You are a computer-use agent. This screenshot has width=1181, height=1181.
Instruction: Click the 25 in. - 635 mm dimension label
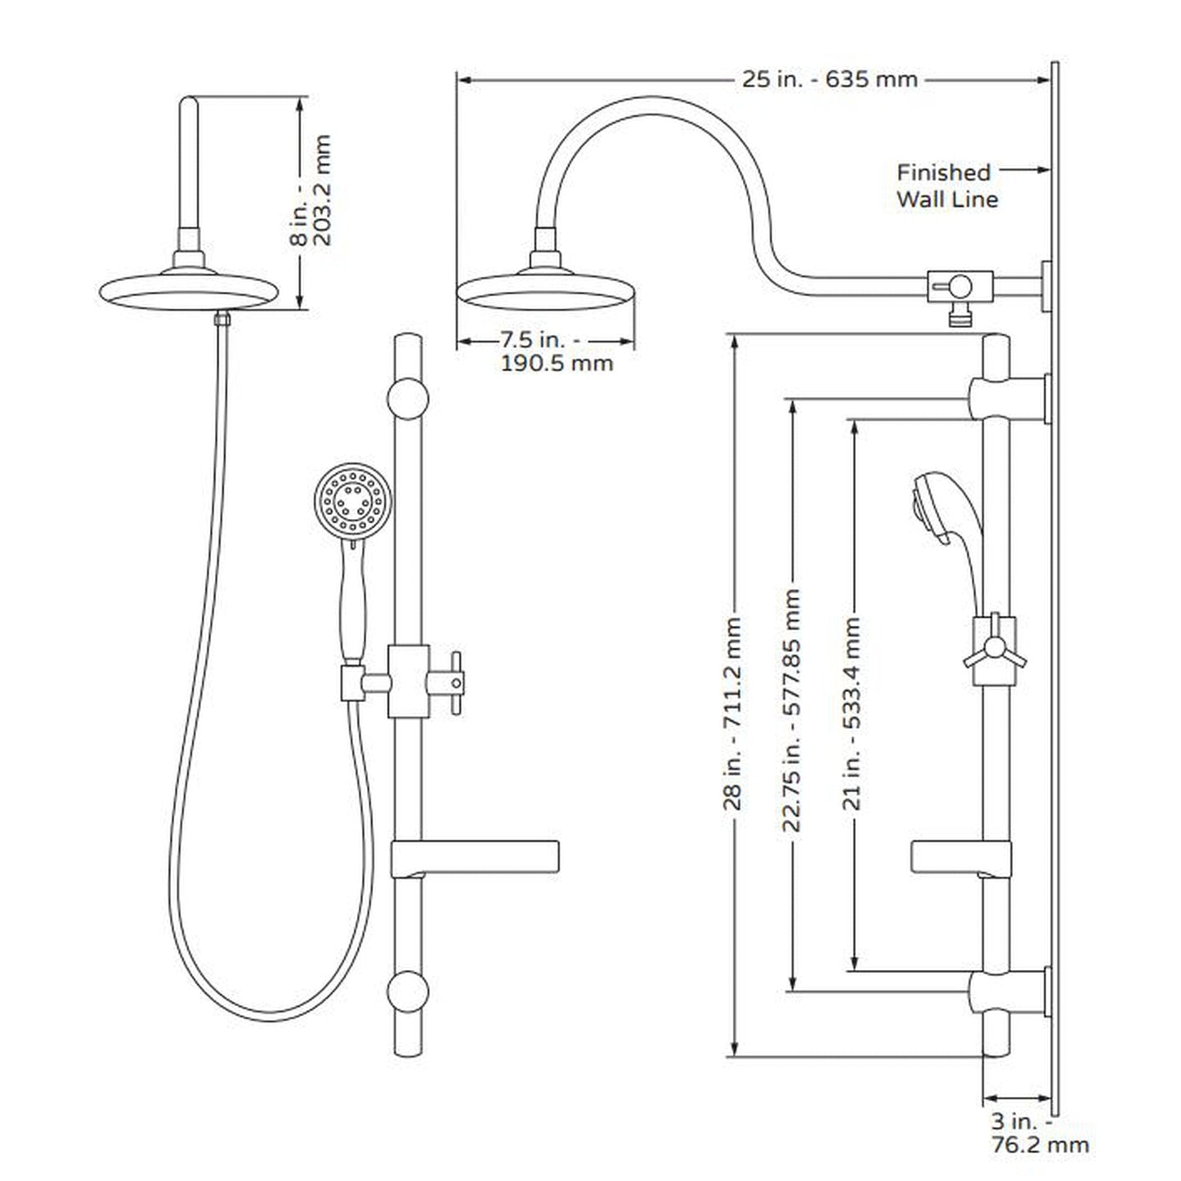pos(829,79)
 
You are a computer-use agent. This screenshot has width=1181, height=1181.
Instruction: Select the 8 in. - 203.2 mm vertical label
pos(312,190)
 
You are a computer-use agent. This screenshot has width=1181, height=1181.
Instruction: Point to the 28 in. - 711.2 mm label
pos(732,713)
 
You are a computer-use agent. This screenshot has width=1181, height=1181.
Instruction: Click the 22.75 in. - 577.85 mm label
pos(791,709)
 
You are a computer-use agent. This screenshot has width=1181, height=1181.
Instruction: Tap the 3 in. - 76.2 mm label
pos(1039,1132)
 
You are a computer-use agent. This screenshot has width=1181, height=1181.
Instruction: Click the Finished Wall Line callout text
pos(946,186)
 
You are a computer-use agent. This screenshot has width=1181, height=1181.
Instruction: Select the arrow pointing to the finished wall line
pos(1026,170)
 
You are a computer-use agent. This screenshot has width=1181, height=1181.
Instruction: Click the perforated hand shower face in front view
pos(353,498)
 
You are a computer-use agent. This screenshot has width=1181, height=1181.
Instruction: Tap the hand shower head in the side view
pos(933,506)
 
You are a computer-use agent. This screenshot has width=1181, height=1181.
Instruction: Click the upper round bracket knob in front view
pos(407,399)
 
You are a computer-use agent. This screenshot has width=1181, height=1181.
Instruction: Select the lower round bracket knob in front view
pos(407,991)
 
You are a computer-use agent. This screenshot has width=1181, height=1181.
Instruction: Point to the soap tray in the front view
pos(476,857)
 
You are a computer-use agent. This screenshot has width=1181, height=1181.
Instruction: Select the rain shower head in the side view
pos(545,289)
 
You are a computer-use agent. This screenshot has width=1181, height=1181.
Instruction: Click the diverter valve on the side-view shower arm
pos(960,287)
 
